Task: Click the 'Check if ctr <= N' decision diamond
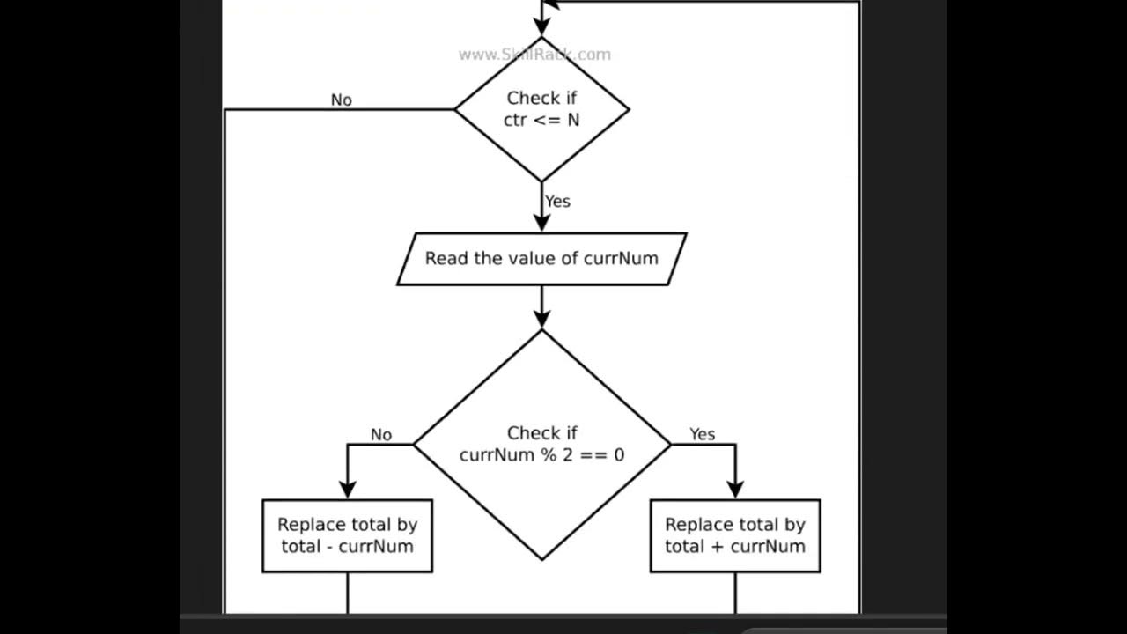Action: point(541,109)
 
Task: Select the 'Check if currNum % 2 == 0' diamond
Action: point(541,445)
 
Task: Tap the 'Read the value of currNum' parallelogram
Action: point(541,259)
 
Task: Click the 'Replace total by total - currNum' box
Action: point(347,535)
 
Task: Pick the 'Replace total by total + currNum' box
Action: point(735,535)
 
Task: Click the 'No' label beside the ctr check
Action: point(341,100)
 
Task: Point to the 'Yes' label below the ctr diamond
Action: point(557,202)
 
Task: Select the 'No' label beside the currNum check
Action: point(380,435)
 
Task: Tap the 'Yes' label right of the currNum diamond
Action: point(702,434)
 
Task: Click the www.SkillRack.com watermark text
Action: point(534,55)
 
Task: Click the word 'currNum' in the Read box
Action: point(621,259)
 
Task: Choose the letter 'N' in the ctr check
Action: point(573,121)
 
